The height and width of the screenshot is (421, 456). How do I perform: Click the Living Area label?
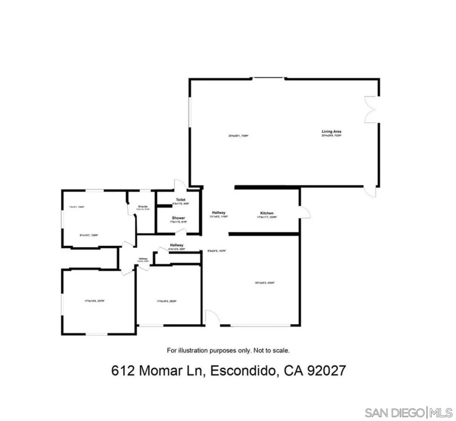click(x=331, y=132)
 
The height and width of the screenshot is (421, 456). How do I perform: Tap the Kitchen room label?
click(x=267, y=213)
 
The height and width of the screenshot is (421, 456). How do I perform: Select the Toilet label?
click(x=180, y=200)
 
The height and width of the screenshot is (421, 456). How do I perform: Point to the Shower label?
click(x=178, y=218)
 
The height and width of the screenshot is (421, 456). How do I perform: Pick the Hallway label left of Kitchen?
click(x=219, y=213)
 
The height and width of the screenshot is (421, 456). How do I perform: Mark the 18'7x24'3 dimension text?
click(x=264, y=283)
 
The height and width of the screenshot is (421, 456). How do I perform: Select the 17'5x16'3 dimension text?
click(x=167, y=301)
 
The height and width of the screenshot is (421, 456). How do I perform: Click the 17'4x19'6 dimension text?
click(x=94, y=301)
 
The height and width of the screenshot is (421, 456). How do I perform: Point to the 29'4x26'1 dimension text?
click(x=238, y=135)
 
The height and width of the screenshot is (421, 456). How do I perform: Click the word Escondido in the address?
click(x=242, y=370)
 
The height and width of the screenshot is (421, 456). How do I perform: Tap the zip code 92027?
click(x=326, y=370)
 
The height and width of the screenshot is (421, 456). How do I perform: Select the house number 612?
click(x=123, y=370)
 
